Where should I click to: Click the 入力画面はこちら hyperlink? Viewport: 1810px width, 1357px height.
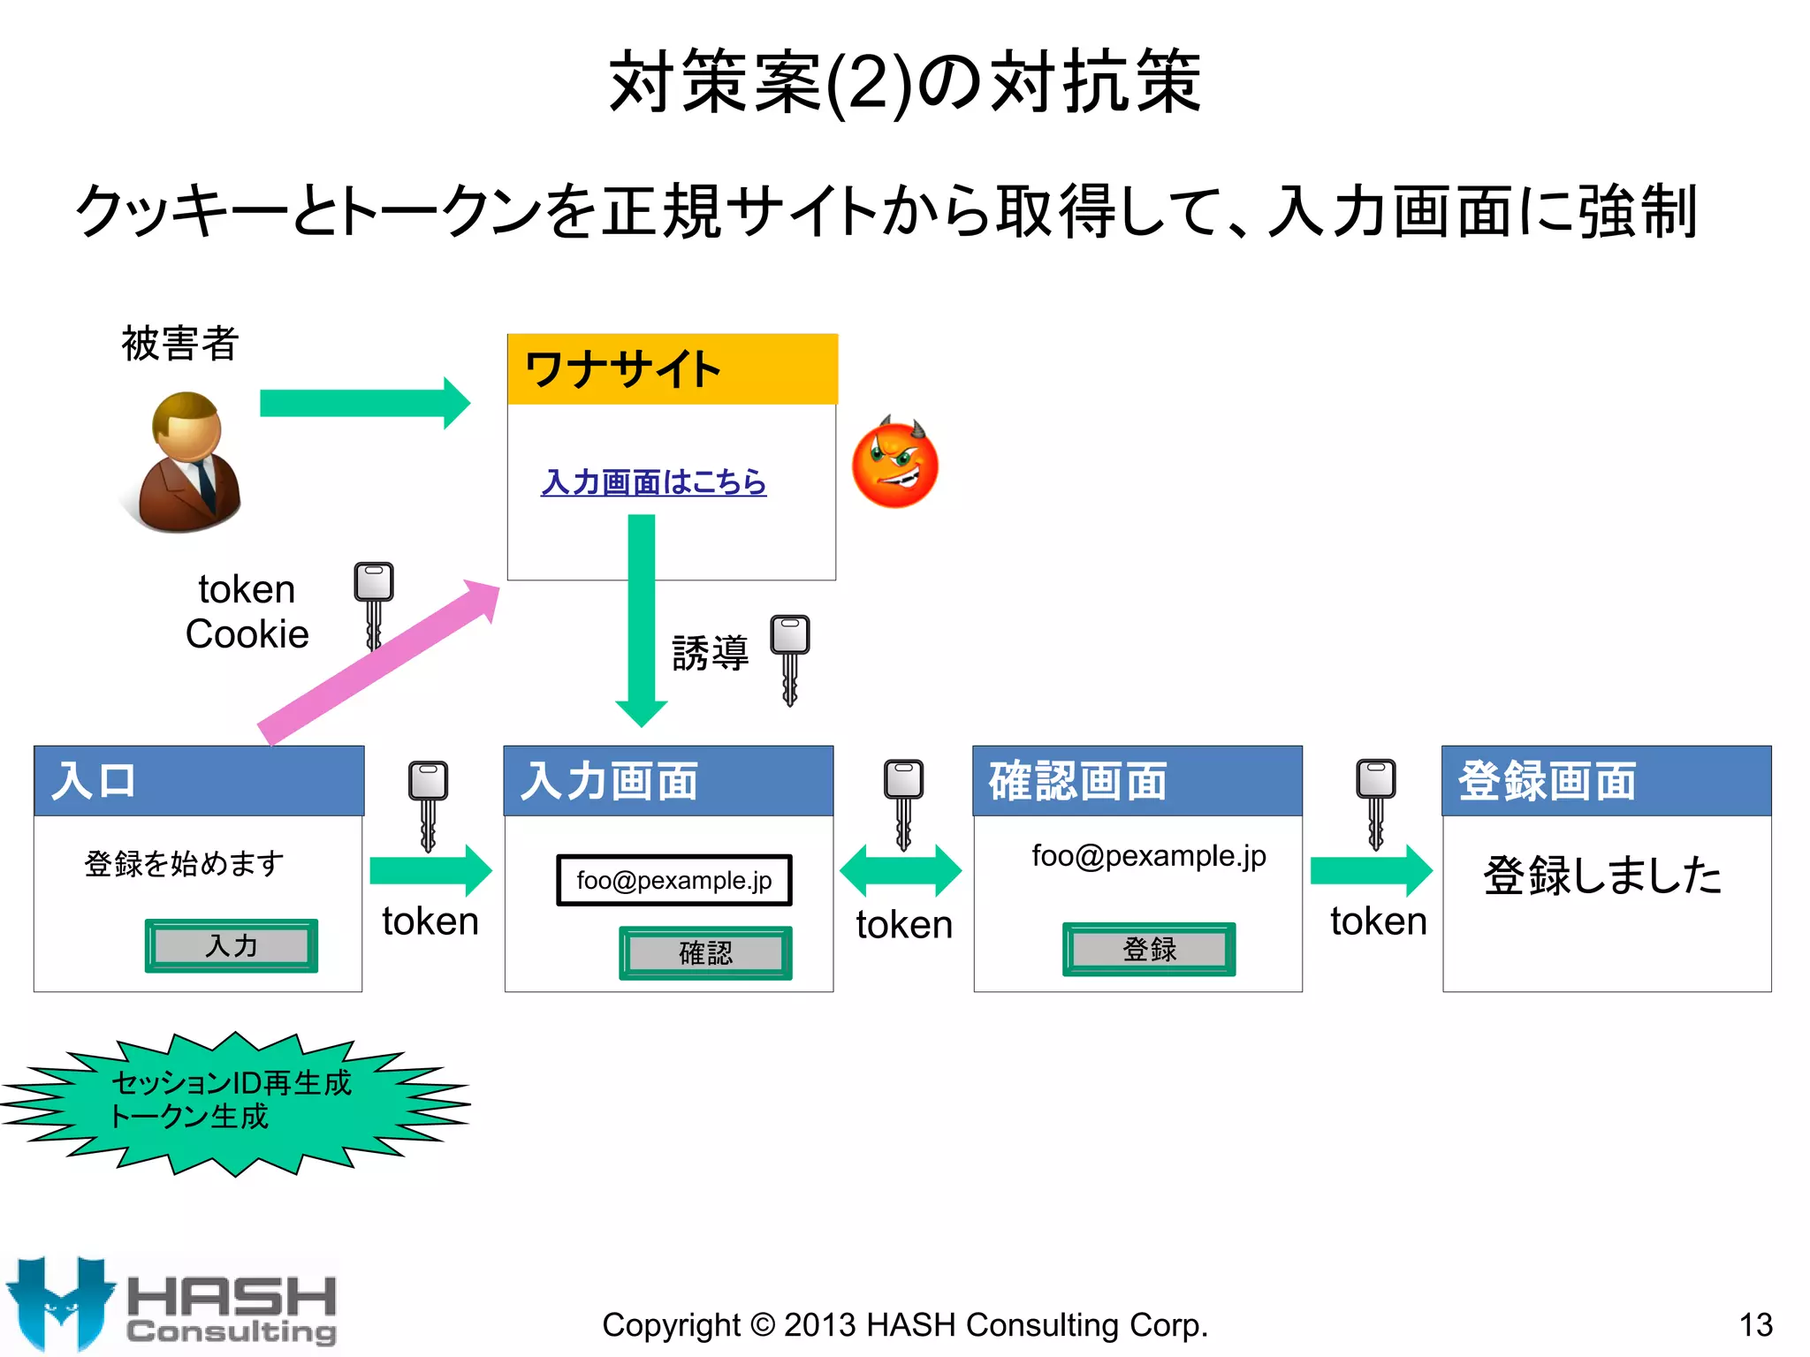coord(653,482)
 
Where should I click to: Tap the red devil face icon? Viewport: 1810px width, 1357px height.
coord(894,463)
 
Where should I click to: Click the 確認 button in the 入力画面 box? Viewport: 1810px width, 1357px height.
coord(705,952)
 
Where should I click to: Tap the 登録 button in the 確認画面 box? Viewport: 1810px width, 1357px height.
coord(1148,949)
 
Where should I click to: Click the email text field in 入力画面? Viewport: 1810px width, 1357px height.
coord(673,880)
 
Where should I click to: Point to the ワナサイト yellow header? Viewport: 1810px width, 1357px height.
coord(672,369)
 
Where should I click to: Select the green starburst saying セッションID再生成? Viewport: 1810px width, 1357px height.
coord(234,1102)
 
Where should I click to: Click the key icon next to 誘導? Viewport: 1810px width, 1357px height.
coord(789,658)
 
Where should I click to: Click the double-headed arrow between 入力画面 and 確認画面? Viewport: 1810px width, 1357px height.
coord(900,870)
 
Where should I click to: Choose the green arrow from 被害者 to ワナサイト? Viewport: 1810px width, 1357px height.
coord(364,403)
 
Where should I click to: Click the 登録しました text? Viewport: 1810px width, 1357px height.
coord(1602,876)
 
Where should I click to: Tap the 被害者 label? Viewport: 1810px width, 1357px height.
coord(179,343)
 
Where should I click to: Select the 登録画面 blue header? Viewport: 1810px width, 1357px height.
coord(1606,781)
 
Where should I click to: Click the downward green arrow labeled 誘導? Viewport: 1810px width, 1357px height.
coord(641,618)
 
